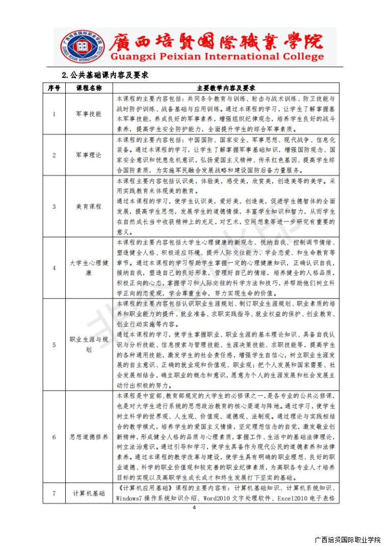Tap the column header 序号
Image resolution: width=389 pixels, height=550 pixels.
point(54,88)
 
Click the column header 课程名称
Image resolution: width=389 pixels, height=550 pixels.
point(89,88)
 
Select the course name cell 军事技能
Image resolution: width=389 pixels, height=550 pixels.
point(89,114)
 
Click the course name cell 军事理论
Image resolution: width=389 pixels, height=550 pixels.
point(89,155)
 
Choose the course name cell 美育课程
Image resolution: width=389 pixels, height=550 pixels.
point(89,206)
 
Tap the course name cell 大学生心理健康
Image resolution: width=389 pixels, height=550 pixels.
point(89,268)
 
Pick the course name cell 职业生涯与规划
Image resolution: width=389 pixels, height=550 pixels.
point(89,344)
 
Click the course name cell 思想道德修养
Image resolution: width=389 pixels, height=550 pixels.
point(89,436)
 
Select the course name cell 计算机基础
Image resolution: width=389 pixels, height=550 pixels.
point(89,493)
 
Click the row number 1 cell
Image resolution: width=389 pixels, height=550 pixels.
point(54,114)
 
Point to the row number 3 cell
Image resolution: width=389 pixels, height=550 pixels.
point(54,206)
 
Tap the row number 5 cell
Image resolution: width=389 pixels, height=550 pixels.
point(54,344)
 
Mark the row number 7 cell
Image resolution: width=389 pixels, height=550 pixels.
point(54,493)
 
